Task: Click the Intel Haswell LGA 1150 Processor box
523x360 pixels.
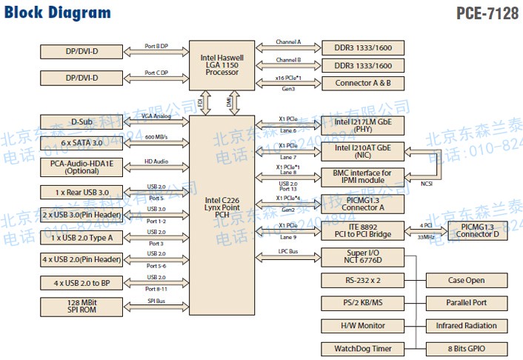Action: tap(222, 64)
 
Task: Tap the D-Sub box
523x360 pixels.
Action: tap(81, 122)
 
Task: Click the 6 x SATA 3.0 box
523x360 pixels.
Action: tap(81, 142)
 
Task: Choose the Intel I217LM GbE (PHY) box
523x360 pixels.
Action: tap(363, 125)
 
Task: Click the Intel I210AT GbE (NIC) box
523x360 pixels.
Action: tap(363, 152)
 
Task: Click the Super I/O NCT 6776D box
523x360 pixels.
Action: tap(363, 257)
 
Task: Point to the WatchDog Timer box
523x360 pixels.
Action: tap(363, 348)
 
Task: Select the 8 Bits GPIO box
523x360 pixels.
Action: tap(467, 348)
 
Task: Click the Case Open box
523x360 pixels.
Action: tap(467, 280)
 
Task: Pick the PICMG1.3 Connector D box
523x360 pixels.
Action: tap(478, 230)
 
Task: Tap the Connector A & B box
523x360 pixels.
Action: tap(363, 83)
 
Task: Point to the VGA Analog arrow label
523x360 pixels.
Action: tap(157, 116)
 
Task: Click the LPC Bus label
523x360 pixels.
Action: tap(289, 252)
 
